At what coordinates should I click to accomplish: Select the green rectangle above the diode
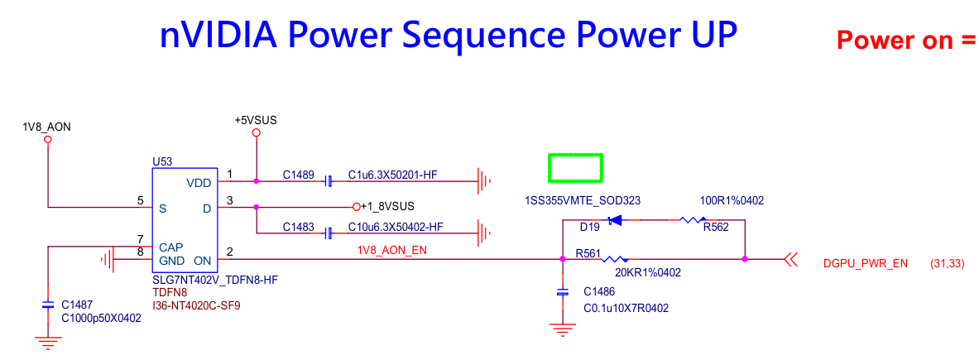[576, 168]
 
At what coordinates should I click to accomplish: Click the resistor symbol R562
[692, 220]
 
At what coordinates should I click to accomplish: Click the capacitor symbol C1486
[563, 292]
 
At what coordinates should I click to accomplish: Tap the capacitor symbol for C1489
[329, 180]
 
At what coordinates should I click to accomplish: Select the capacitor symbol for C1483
[329, 231]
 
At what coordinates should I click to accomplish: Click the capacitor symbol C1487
[48, 305]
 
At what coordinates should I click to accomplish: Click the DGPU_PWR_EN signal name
[866, 264]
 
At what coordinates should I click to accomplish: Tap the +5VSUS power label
[256, 120]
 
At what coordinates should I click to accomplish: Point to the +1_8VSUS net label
[387, 205]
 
